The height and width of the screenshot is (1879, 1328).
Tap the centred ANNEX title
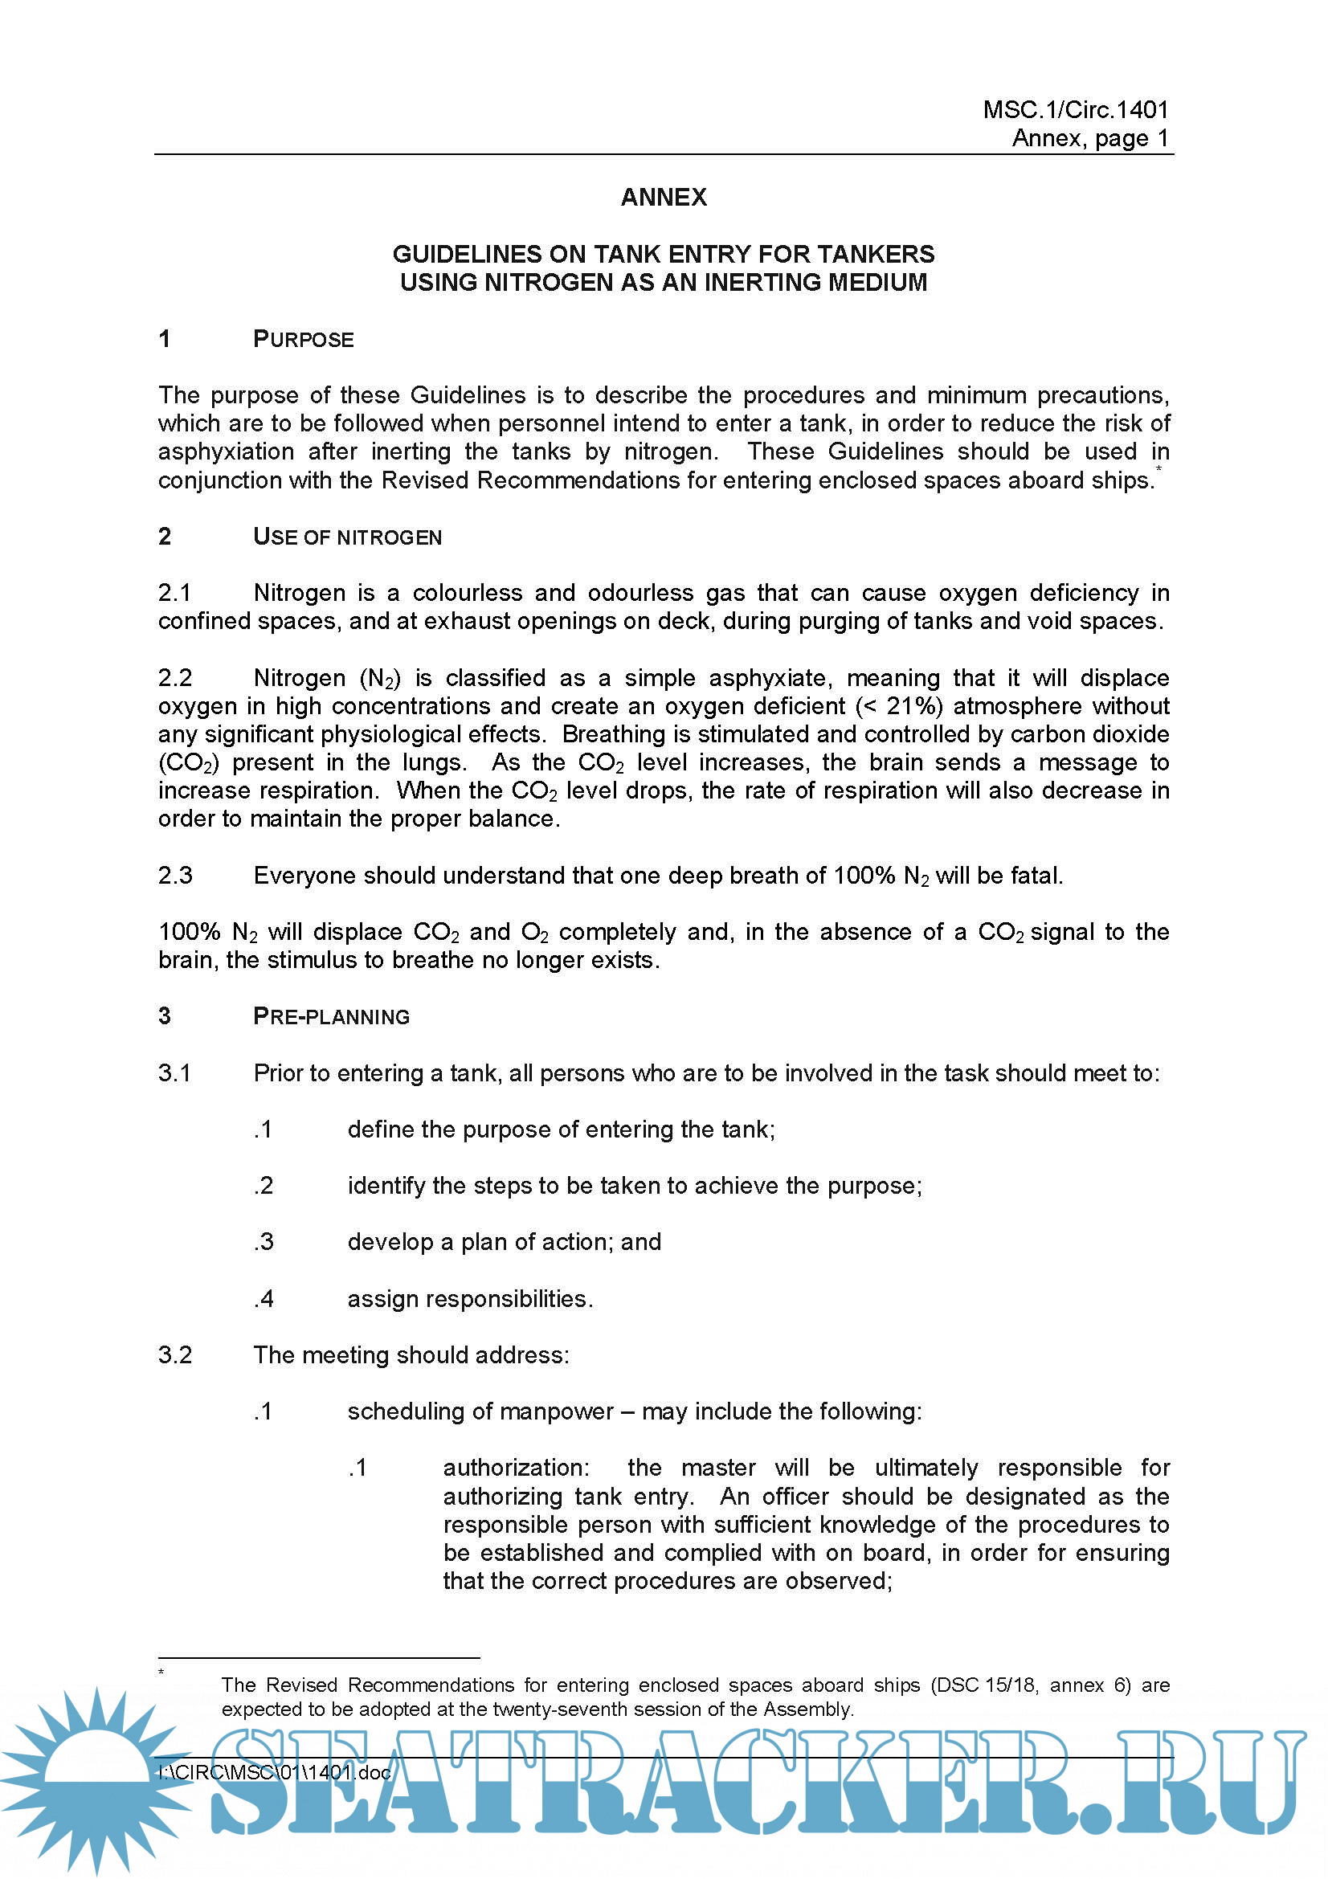pos(664,198)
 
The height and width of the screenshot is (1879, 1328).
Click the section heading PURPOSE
pos(303,339)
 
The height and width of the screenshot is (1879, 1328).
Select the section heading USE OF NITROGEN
pos(347,537)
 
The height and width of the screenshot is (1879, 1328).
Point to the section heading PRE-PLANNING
pos(330,1016)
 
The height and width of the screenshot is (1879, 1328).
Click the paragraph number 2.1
pos(174,593)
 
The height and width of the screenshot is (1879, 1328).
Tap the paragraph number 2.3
pos(174,876)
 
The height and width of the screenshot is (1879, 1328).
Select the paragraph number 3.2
pos(174,1354)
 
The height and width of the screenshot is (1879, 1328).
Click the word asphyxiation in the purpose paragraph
pos(226,451)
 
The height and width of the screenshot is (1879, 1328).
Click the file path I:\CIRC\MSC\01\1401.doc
pos(274,1773)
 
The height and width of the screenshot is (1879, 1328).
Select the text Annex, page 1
pos(1090,137)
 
